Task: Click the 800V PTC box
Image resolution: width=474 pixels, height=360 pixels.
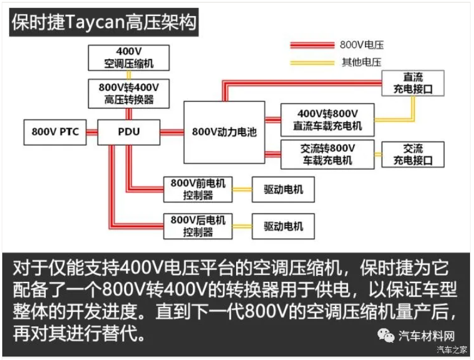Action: (55, 132)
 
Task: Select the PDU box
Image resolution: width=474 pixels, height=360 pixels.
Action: (129, 132)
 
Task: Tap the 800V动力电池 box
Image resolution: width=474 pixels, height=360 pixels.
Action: (224, 132)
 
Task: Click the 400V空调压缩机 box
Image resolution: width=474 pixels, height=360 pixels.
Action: (129, 58)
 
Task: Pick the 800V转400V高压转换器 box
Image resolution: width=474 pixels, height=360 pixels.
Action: (129, 94)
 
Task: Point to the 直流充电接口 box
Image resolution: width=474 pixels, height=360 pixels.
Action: (413, 83)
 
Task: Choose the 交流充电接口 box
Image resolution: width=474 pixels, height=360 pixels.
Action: (413, 155)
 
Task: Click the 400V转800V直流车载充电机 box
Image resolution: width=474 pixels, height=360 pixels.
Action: (327, 120)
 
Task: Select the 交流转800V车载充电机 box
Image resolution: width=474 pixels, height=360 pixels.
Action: (327, 154)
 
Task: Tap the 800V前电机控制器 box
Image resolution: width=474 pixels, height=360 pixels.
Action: (198, 189)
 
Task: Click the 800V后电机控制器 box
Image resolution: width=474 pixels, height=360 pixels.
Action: (198, 226)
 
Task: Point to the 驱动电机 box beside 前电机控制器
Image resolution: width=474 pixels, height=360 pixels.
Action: (283, 189)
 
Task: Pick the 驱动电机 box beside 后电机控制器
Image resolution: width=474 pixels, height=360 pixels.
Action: (283, 226)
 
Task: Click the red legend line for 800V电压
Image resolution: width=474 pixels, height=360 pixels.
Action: (312, 45)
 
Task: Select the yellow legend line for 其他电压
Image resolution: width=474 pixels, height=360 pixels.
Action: (312, 63)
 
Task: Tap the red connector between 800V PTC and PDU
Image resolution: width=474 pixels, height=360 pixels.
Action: (92, 132)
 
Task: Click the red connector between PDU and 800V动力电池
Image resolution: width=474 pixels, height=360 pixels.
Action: (172, 132)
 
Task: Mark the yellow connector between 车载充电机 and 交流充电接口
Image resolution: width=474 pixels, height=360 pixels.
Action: (378, 155)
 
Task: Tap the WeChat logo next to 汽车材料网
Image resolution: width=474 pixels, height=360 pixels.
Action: (386, 335)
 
